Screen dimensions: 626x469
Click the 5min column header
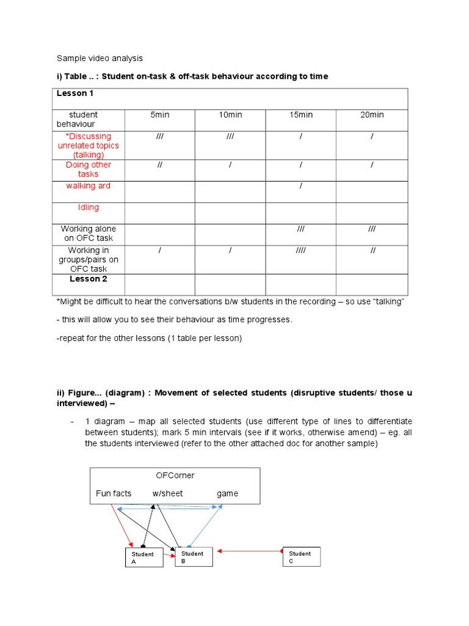159,115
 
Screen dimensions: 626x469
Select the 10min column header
230,115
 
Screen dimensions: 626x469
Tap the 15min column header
300,115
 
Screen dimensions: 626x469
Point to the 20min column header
372,115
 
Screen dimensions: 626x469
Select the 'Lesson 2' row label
88,279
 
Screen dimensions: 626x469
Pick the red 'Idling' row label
88,207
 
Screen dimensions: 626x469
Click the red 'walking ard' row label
88,186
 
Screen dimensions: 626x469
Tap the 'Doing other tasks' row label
88,169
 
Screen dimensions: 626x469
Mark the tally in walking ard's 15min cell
300,186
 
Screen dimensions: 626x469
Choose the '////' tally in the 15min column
300,251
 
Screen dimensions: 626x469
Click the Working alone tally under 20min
372,229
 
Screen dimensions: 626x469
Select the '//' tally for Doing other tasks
159,165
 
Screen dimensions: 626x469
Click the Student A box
144,558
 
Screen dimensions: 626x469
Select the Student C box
301,557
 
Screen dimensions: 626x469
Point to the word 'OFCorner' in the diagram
175,475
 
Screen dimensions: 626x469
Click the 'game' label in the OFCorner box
227,494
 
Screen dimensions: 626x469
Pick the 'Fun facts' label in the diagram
114,494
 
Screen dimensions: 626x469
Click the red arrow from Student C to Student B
250,551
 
